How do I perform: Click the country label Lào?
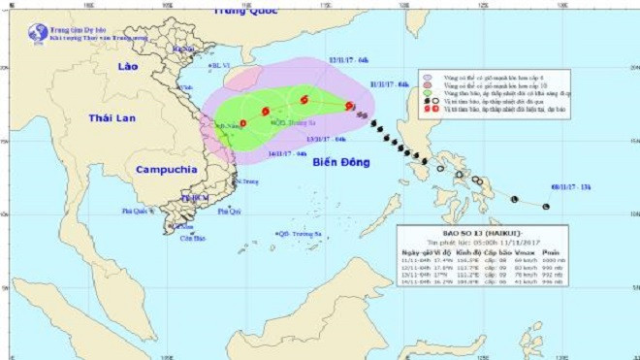(x=127, y=66)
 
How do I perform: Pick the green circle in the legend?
(x=429, y=93)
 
